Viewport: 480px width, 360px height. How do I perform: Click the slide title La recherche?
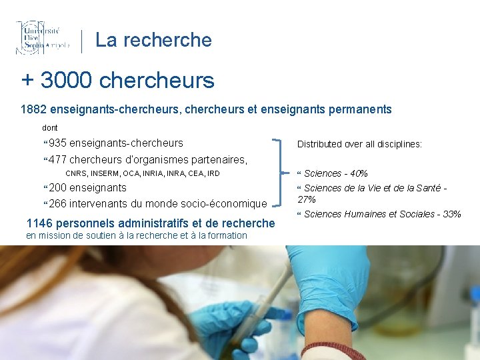click(153, 40)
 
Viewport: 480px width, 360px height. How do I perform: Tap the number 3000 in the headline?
click(66, 81)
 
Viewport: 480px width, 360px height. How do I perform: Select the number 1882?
click(34, 109)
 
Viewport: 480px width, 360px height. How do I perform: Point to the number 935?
click(57, 143)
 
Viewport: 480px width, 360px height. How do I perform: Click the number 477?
click(57, 159)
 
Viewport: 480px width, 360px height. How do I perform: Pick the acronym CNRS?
click(75, 174)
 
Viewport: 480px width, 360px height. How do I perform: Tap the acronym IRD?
click(213, 174)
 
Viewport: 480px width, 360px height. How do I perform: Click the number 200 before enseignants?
click(57, 188)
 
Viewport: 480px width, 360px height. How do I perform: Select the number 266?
click(57, 203)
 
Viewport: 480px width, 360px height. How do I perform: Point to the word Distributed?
click(319, 144)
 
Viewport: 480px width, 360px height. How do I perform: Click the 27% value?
click(307, 199)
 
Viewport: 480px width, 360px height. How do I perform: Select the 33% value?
click(451, 214)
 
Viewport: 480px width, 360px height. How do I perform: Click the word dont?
click(50, 127)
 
